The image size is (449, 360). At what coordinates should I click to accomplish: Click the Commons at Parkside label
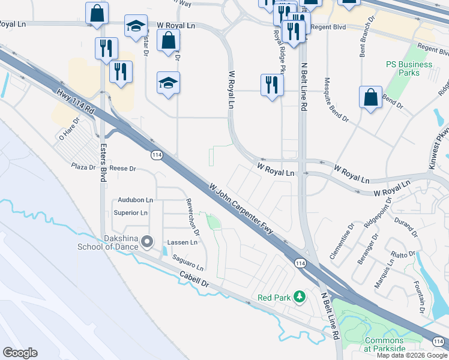point(384,344)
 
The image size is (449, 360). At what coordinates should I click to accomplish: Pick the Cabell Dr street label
point(193,279)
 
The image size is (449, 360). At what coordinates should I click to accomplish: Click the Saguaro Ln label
point(188,262)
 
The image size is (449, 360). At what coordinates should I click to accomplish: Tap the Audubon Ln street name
point(135,200)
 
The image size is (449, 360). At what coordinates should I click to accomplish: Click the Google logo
point(20,353)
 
